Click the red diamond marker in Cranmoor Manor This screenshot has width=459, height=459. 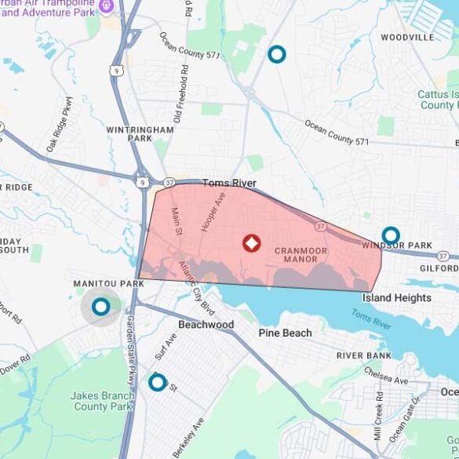pyautogui.click(x=251, y=243)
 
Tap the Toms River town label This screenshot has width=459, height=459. pyautogui.click(x=229, y=183)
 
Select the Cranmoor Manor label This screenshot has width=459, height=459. pyautogui.click(x=301, y=254)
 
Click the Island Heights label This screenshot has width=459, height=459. pyautogui.click(x=396, y=297)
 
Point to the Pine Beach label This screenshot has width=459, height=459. pyautogui.click(x=285, y=333)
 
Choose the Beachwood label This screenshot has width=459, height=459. pyautogui.click(x=206, y=324)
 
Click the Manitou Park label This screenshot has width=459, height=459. pyautogui.click(x=108, y=283)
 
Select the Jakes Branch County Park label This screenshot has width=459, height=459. pyautogui.click(x=102, y=400)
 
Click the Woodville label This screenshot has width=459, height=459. pyautogui.click(x=407, y=37)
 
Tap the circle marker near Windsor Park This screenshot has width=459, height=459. pyautogui.click(x=390, y=235)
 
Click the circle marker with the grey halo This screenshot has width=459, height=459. pyautogui.click(x=100, y=307)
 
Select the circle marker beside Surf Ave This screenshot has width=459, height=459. pyautogui.click(x=158, y=382)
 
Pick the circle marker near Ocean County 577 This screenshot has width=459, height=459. pyautogui.click(x=276, y=54)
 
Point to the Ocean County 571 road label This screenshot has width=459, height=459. pyautogui.click(x=337, y=133)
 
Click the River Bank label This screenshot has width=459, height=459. pyautogui.click(x=363, y=355)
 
